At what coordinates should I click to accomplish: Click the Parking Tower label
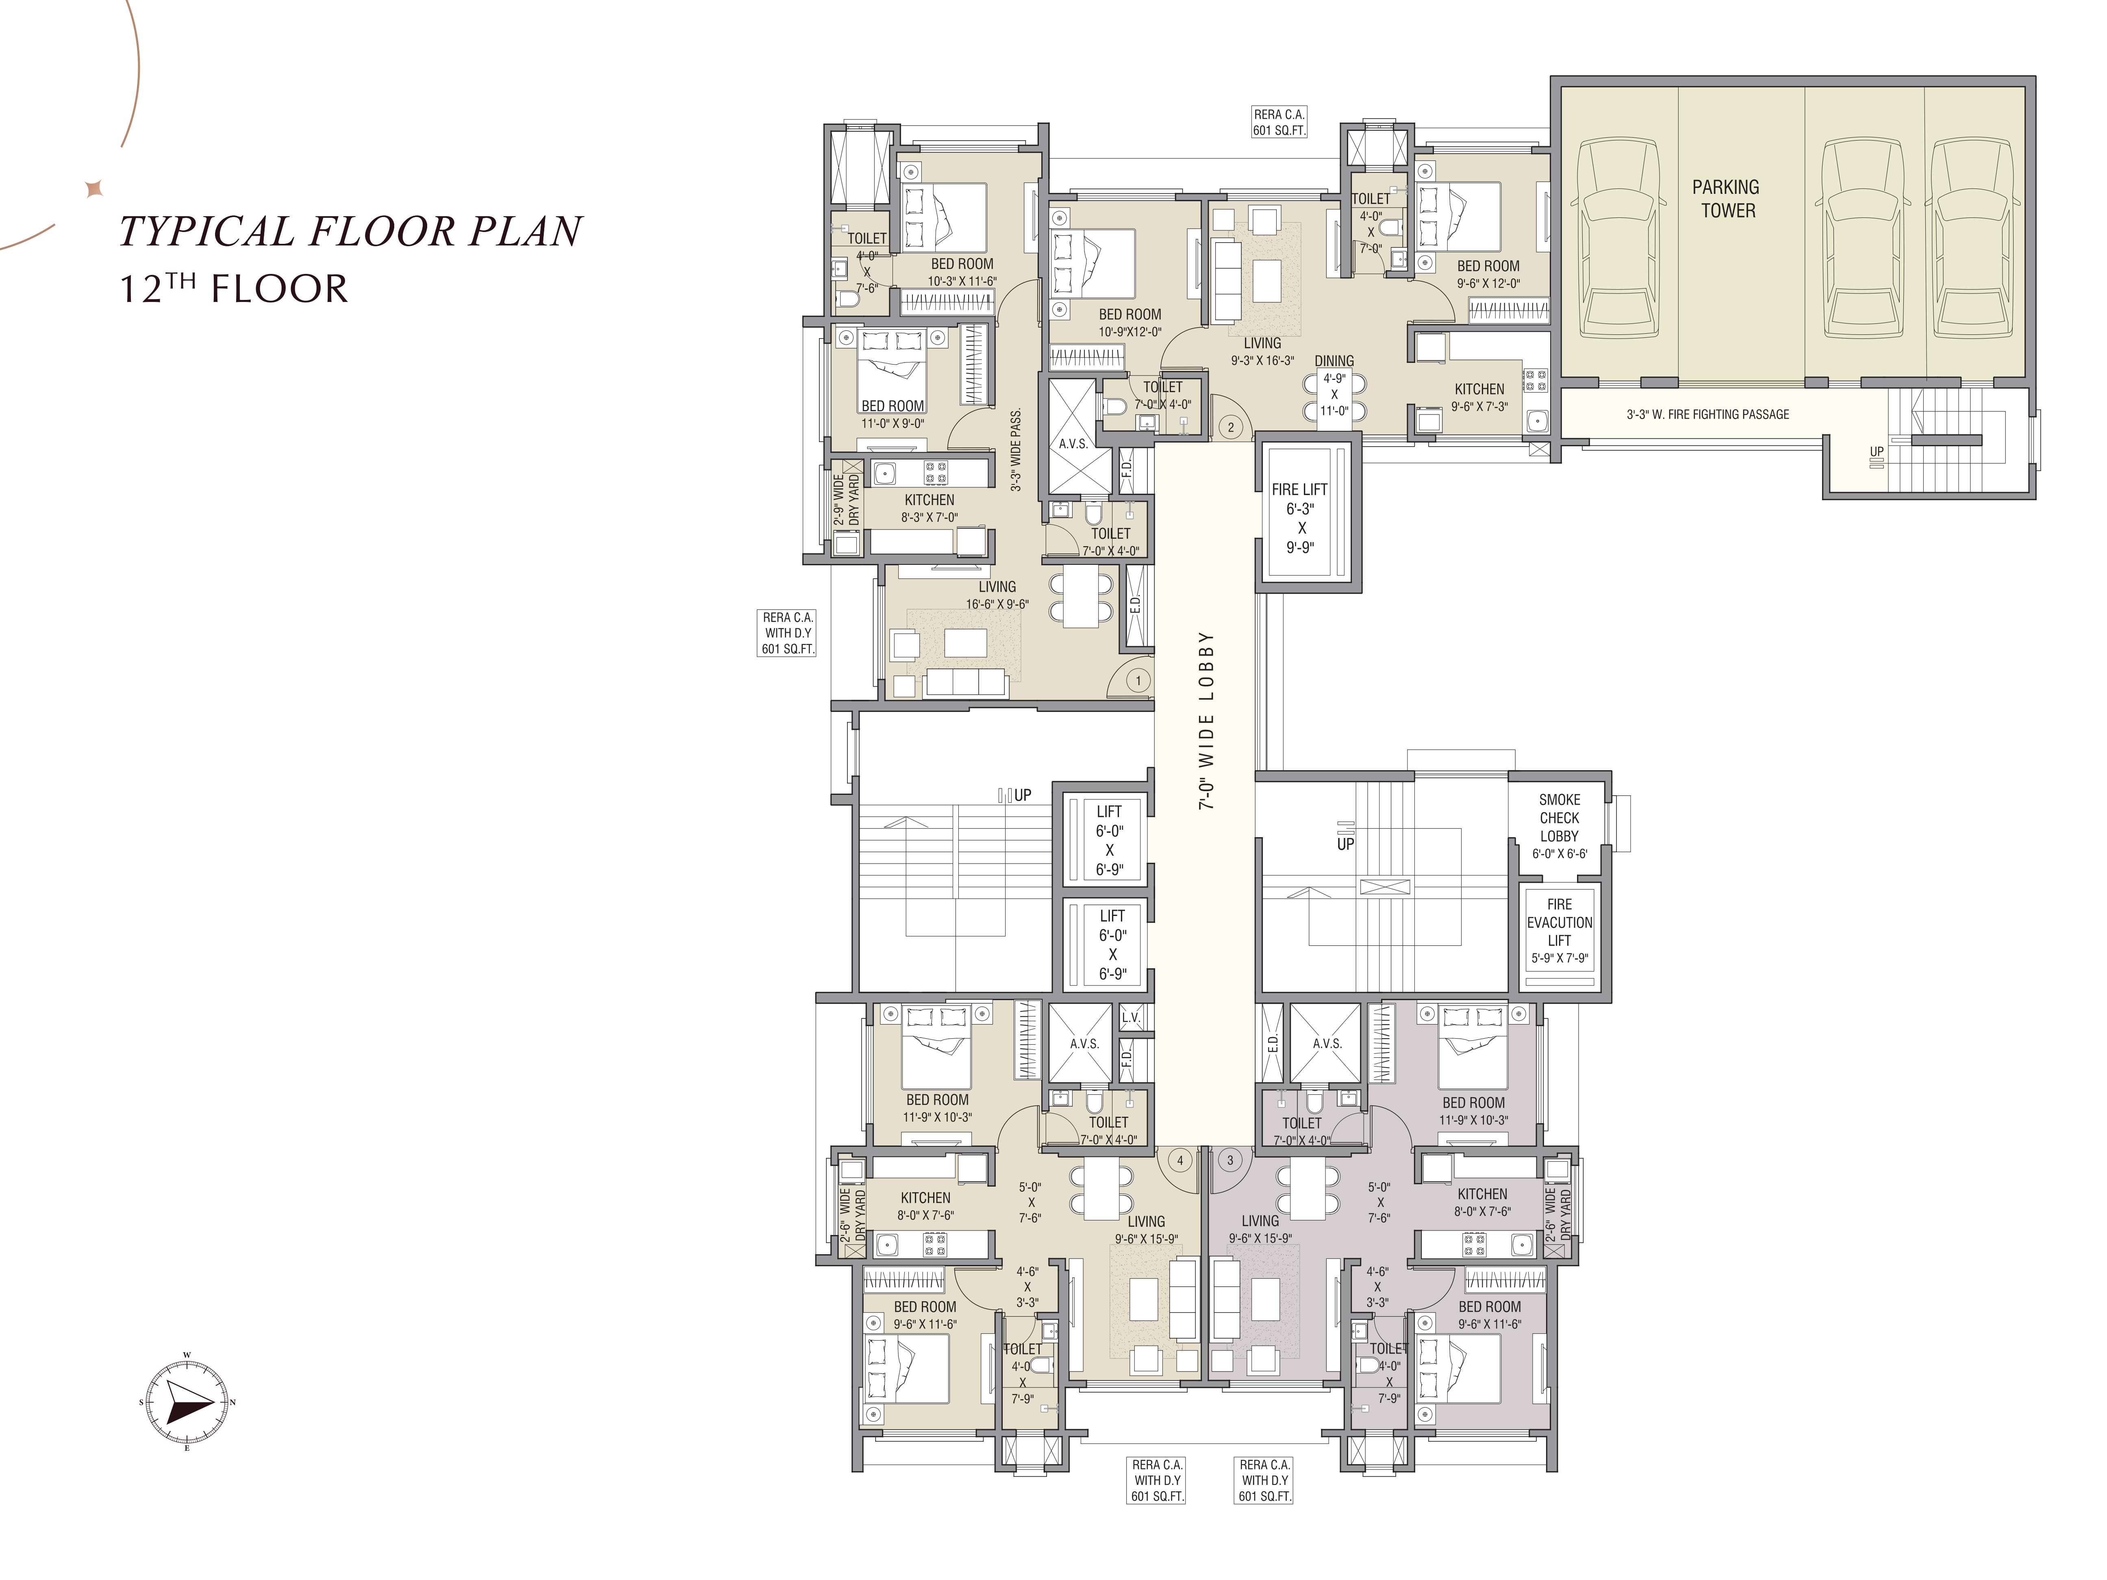(1726, 199)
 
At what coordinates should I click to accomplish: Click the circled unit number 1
(1137, 680)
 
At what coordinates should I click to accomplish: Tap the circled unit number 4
(1180, 1160)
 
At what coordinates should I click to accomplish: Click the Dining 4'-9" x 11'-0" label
(1334, 386)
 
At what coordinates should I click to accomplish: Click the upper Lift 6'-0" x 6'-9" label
(1109, 840)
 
